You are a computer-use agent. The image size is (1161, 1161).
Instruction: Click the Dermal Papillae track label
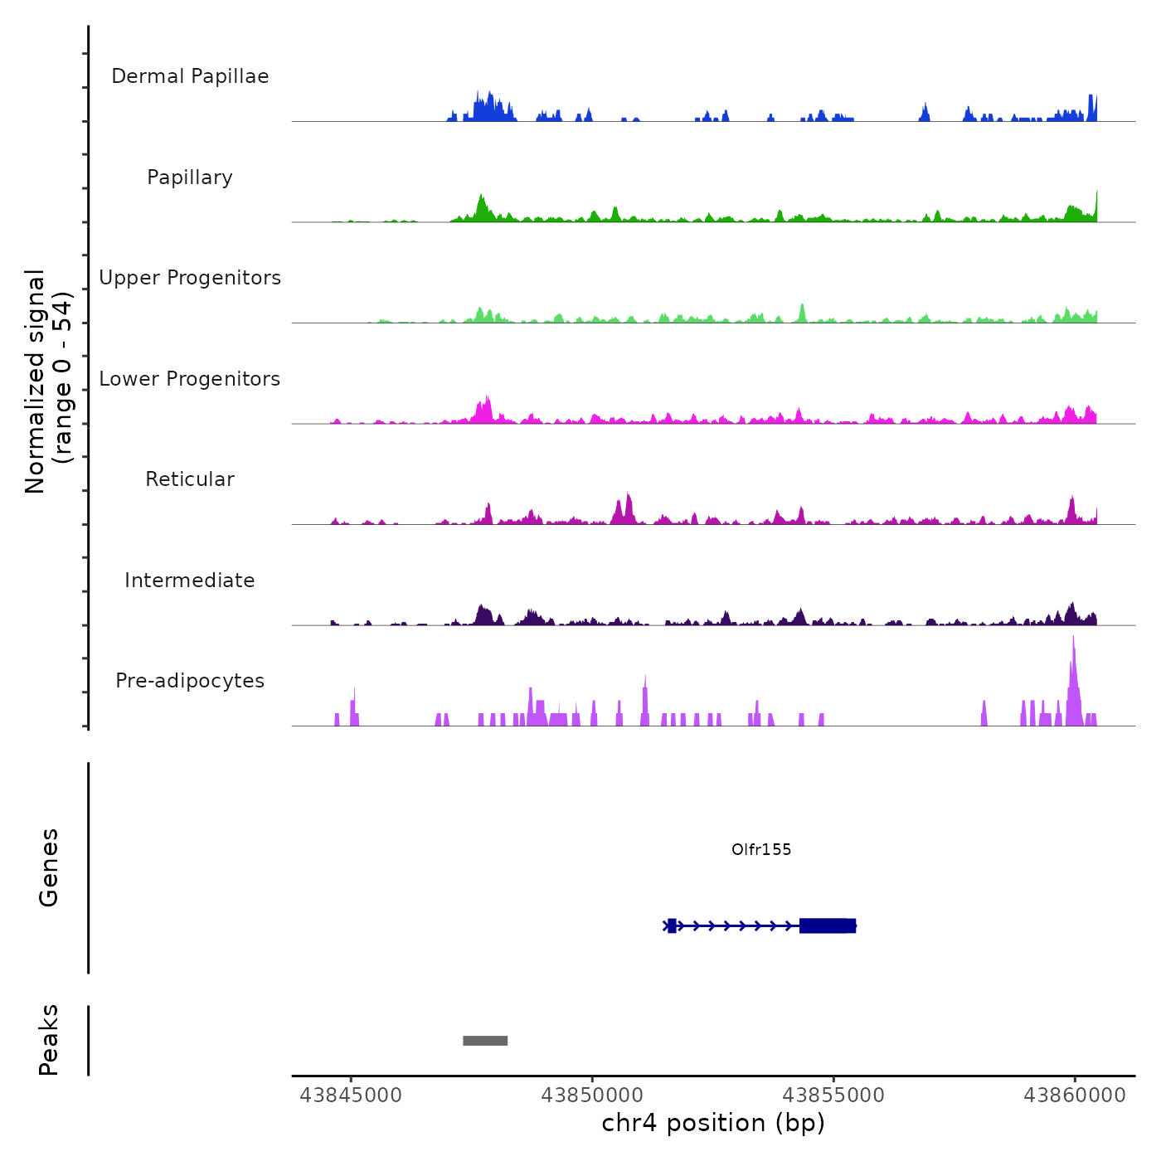[190, 76]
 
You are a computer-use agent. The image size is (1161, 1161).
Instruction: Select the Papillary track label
[190, 177]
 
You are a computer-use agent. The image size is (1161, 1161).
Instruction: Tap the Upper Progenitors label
[190, 278]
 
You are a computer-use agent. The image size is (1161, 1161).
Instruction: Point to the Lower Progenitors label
[190, 379]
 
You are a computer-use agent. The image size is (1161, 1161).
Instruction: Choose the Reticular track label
[190, 479]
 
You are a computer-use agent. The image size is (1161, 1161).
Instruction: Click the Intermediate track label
[190, 580]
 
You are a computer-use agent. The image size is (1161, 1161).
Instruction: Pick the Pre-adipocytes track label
[190, 681]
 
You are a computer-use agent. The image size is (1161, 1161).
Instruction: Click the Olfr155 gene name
[761, 849]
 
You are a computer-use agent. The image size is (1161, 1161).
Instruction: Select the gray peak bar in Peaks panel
[485, 1041]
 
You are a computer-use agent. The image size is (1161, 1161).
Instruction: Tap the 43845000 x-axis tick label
[351, 1095]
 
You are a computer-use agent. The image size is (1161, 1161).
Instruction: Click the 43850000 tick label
[592, 1095]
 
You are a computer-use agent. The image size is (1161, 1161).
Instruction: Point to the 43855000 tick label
[833, 1095]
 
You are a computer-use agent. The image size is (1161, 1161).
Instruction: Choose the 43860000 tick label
[1075, 1095]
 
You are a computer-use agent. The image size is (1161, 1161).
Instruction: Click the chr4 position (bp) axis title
[713, 1123]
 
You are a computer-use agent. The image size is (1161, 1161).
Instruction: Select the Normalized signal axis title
[48, 381]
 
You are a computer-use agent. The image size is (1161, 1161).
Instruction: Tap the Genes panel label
[49, 867]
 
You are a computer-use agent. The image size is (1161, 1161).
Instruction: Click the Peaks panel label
[49, 1040]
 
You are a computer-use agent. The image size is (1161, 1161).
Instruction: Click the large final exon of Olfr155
[827, 925]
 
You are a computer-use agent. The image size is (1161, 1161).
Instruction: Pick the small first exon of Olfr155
[672, 925]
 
